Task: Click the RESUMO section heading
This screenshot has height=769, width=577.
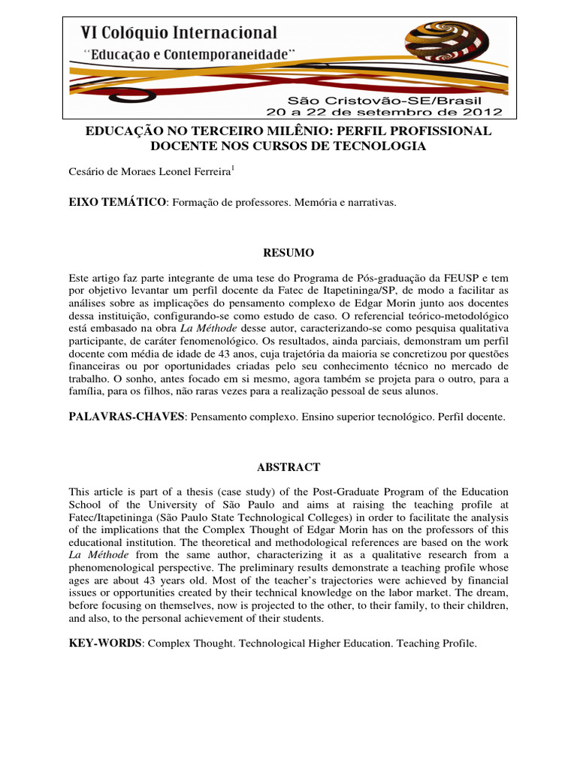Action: (x=288, y=252)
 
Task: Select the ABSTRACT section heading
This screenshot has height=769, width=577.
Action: (x=288, y=466)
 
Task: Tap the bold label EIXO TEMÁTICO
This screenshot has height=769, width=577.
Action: (x=116, y=203)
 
